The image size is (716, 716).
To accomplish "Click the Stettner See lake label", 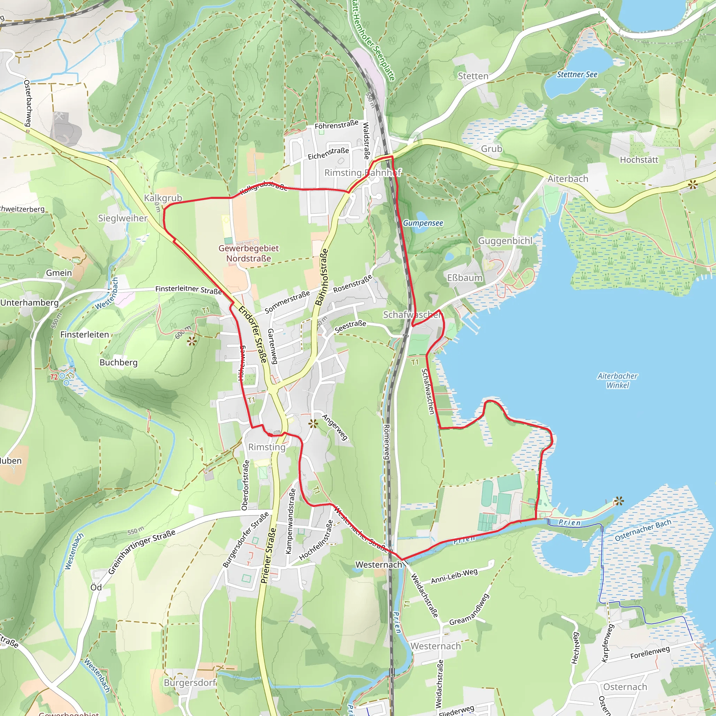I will click(x=577, y=74).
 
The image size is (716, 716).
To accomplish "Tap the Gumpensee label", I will click(x=423, y=223).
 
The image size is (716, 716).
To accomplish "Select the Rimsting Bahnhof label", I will click(x=363, y=173).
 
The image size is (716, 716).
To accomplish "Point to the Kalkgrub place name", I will click(x=163, y=198).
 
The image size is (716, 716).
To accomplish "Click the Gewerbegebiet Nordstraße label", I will click(x=248, y=253).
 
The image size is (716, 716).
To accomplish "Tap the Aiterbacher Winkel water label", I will click(x=617, y=380).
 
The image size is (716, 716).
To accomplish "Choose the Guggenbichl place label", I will click(x=505, y=241).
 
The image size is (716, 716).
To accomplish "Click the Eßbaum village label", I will click(x=465, y=278).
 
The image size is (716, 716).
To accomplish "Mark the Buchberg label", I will click(x=119, y=363).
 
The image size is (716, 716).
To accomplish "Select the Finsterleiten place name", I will click(x=85, y=335).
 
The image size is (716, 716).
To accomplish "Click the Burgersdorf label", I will click(x=190, y=683).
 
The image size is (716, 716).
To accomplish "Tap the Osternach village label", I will click(x=625, y=687).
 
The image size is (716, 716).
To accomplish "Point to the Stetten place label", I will click(x=473, y=76).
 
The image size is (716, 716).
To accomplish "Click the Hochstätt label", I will click(x=639, y=160).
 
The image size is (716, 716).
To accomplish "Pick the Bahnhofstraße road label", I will click(x=321, y=277).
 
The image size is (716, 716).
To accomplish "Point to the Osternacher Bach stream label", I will click(x=643, y=530).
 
